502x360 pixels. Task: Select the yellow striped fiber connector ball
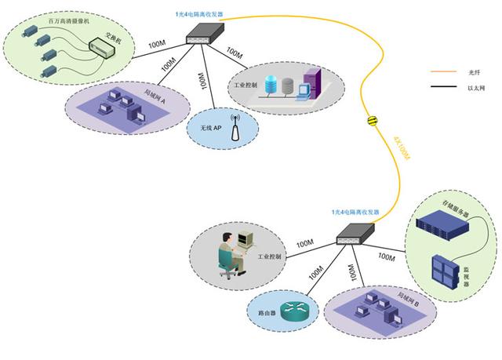(373, 120)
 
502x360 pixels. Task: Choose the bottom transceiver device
(355, 233)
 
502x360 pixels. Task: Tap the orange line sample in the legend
(443, 72)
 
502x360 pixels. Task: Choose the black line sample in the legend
(443, 89)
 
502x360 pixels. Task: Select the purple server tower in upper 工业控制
(311, 83)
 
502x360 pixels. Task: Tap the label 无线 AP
(208, 127)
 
